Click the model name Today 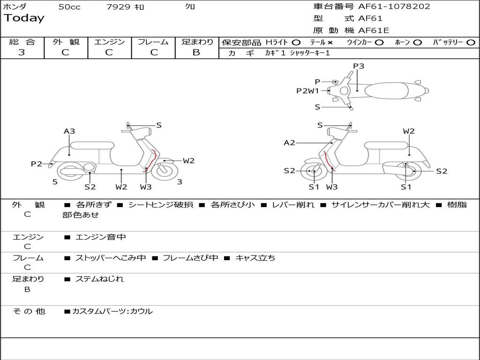[23, 18]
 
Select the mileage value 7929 [119, 7]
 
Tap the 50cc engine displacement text [69, 7]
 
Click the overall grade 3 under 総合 [22, 52]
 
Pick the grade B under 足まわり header [196, 52]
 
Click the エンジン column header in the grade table [109, 42]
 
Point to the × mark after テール [330, 42]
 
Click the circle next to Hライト [296, 42]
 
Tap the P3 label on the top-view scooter [359, 66]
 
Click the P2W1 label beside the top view [307, 91]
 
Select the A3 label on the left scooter [69, 131]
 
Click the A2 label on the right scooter [290, 143]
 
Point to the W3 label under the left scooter [146, 187]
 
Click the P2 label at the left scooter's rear [37, 164]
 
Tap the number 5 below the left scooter [55, 182]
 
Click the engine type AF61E [374, 30]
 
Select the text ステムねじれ [99, 279]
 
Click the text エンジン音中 [100, 237]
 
